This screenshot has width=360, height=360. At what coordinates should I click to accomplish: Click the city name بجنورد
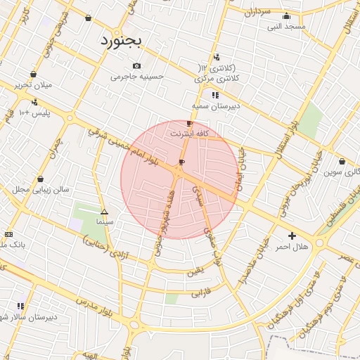[x=121, y=40]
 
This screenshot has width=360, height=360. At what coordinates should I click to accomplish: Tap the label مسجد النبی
[x=286, y=26]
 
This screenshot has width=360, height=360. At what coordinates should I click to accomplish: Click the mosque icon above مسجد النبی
[x=285, y=16]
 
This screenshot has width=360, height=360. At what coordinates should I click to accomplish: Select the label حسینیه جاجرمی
[x=137, y=76]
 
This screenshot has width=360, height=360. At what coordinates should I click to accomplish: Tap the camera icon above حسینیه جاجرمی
[x=136, y=66]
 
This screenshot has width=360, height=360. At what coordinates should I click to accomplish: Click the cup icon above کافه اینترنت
[x=189, y=123]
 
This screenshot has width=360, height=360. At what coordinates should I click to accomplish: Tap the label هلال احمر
[x=292, y=246]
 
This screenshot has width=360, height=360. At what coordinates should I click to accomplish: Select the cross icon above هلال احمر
[x=292, y=236]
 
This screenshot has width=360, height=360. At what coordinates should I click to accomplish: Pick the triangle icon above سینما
[x=104, y=212]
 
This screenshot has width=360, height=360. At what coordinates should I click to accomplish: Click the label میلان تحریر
[x=34, y=84]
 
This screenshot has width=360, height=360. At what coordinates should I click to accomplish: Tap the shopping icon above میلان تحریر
[x=33, y=74]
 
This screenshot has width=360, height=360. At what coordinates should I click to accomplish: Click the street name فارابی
[x=201, y=290]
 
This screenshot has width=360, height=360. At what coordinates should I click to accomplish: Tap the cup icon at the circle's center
[x=182, y=163]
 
